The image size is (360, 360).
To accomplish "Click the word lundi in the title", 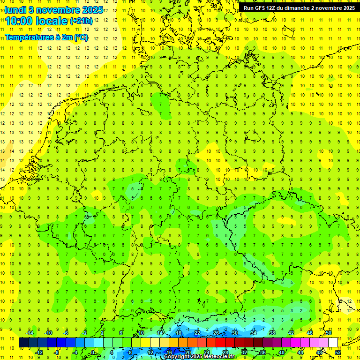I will pos(15,10).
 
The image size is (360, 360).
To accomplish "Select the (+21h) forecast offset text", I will pos(81,21).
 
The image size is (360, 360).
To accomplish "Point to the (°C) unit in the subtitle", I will pos(80,37).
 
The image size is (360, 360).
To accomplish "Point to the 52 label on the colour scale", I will pos(337,352).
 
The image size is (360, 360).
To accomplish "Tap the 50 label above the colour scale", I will pos(329,333).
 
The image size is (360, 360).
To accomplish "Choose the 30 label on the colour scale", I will pos(235,333).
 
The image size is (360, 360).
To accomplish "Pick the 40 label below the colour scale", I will pos(281,352).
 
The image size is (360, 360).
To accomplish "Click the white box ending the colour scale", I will pos(333,343).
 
